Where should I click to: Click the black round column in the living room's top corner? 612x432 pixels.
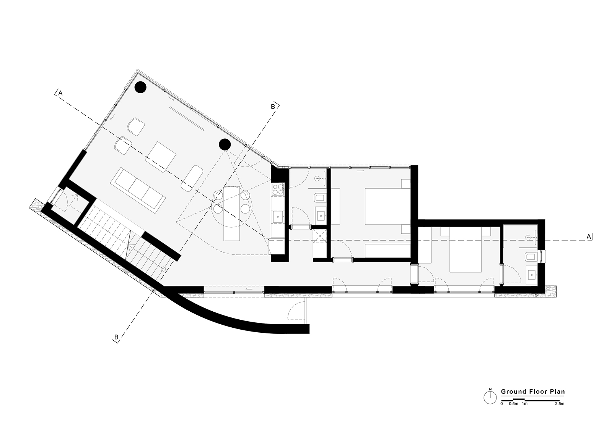pos(141,87)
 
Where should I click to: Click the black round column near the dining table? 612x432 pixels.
pos(225,144)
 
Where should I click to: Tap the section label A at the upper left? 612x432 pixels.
pos(60,93)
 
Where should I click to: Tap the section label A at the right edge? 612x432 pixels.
pos(589,236)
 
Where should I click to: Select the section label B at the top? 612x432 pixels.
pos(273,107)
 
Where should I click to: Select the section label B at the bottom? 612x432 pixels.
pos(116,337)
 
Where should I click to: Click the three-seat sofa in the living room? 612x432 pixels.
pos(138,190)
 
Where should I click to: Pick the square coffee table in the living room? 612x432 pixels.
pos(161,157)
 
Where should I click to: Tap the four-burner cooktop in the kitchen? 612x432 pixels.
pos(278,189)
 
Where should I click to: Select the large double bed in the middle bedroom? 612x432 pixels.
pos(388,206)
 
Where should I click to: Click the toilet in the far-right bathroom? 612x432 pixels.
pos(531,257)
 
